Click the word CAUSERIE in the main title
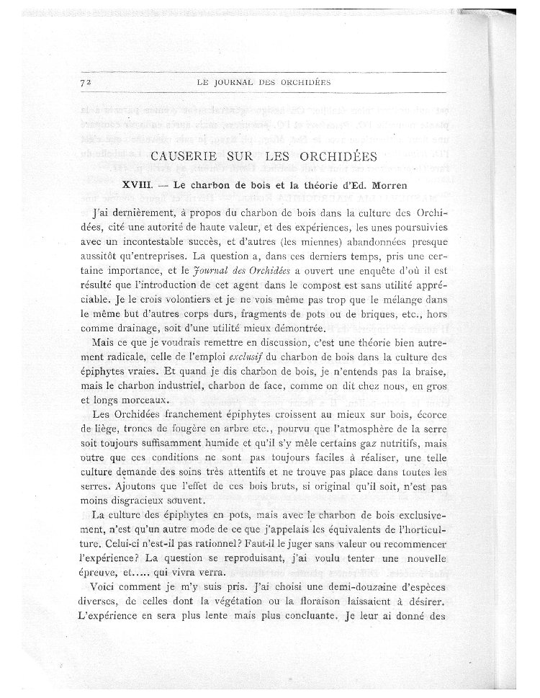tap(185, 157)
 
